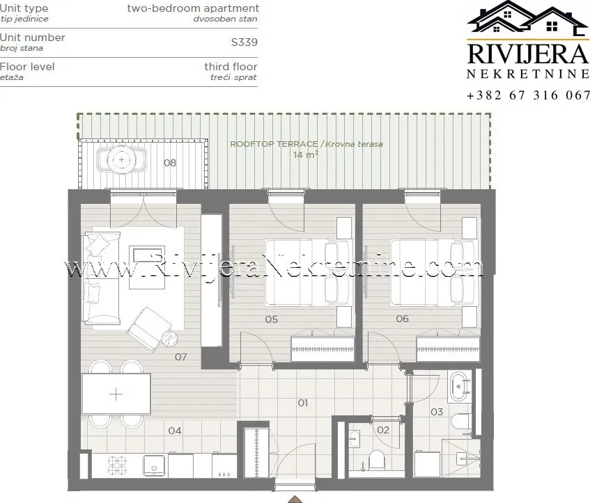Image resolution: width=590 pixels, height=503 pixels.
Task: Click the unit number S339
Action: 244,42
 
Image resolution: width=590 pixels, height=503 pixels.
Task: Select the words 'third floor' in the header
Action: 231,67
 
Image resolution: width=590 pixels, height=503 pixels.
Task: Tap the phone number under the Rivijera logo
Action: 528,95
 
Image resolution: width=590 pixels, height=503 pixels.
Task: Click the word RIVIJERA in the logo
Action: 527,54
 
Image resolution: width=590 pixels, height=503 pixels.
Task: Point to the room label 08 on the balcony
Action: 170,163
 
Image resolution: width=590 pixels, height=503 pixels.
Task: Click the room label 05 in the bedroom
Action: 271,319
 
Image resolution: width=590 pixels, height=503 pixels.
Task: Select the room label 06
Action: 402,319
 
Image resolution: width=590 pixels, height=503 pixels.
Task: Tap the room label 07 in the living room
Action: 180,357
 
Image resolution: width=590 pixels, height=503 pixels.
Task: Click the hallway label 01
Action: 303,403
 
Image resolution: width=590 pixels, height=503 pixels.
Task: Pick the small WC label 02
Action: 383,430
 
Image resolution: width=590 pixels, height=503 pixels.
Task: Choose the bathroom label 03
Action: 437,412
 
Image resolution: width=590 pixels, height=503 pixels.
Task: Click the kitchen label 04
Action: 175,431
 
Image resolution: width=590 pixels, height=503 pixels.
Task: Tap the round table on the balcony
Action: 121,160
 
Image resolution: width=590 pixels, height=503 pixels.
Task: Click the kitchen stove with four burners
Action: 118,465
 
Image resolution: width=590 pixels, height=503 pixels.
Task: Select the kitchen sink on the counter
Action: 154,465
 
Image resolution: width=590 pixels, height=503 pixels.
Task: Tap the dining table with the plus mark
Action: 116,394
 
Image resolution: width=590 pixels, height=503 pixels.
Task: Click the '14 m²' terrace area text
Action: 306,154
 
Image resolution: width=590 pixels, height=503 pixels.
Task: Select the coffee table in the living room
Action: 147,267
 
